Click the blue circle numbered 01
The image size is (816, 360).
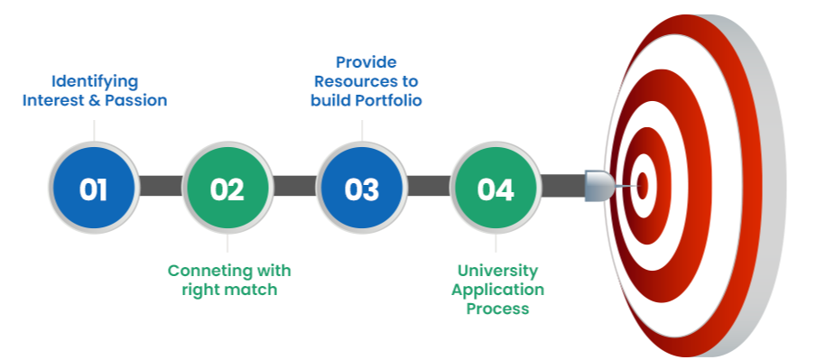[94, 188]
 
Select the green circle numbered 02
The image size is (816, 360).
[227, 188]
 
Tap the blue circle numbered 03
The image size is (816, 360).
[362, 188]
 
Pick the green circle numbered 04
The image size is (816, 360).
[496, 188]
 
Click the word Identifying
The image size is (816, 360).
[95, 82]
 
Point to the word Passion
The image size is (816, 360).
[135, 100]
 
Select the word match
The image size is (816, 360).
[252, 290]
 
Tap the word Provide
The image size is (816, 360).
[366, 62]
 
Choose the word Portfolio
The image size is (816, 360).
[388, 100]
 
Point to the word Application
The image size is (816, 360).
[497, 290]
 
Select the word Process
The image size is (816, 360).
[497, 309]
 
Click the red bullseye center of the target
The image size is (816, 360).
[643, 186]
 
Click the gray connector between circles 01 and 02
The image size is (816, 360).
[161, 186]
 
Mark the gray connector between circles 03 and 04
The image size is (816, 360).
[428, 186]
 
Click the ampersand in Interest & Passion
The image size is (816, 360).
[94, 100]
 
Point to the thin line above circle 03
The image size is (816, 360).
[362, 131]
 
